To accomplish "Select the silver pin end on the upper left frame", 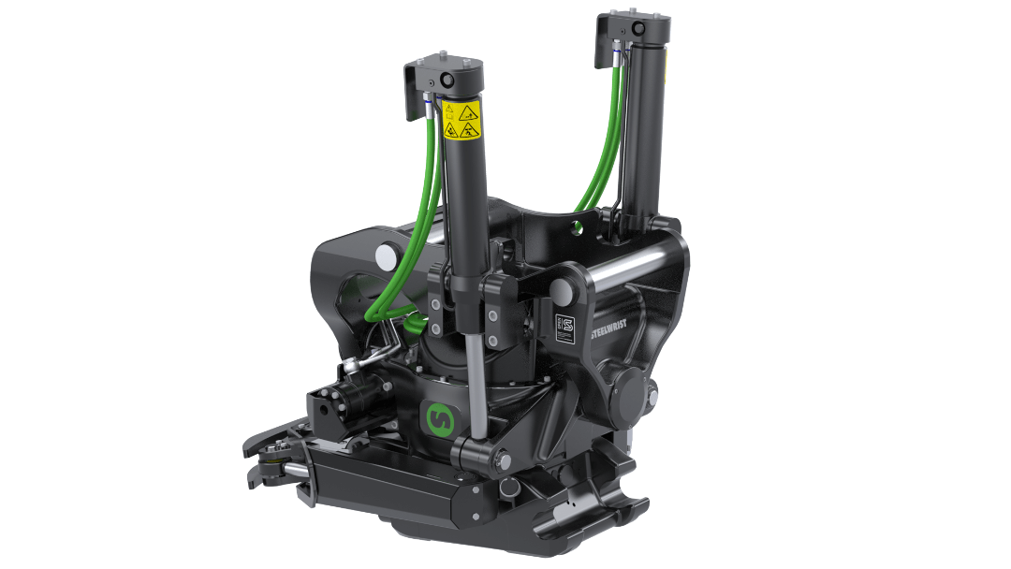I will (385, 255).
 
